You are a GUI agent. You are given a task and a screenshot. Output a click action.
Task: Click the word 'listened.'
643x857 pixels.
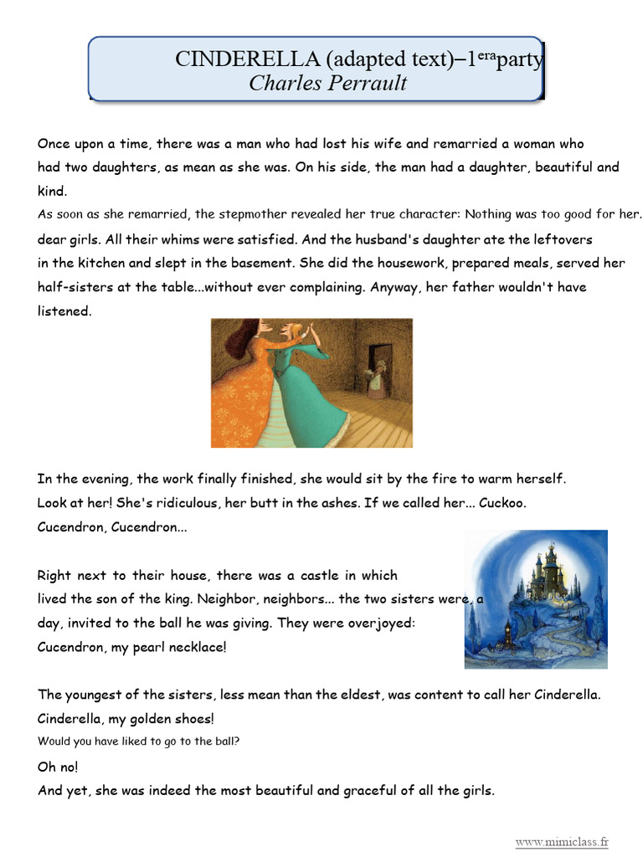(x=64, y=311)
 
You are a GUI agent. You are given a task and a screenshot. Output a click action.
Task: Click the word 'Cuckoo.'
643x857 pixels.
(x=502, y=504)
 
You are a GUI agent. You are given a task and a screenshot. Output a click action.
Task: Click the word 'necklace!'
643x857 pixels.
(x=194, y=648)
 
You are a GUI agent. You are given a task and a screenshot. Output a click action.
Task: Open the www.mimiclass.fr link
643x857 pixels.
(x=561, y=842)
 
